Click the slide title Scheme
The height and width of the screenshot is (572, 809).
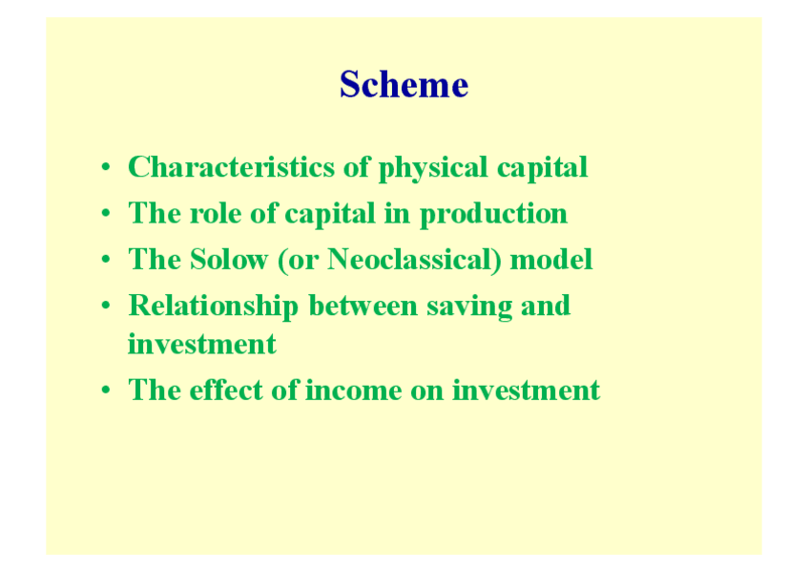point(404,84)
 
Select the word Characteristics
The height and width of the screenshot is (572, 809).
point(232,167)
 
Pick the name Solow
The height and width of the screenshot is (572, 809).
point(229,259)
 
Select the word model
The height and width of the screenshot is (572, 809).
point(551,259)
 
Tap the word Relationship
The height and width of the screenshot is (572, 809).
point(214,306)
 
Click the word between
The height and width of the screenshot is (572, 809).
point(363,306)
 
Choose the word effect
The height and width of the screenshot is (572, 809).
point(226,390)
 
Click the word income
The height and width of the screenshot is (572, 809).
point(354,391)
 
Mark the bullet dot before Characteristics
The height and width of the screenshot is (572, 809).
point(106,167)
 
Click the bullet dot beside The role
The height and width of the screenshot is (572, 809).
point(106,213)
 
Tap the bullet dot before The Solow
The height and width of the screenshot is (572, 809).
point(106,259)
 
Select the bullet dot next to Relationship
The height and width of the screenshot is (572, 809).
point(106,306)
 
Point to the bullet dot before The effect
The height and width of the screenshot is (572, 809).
point(106,390)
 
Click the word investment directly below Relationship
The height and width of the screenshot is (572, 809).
point(202,344)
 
